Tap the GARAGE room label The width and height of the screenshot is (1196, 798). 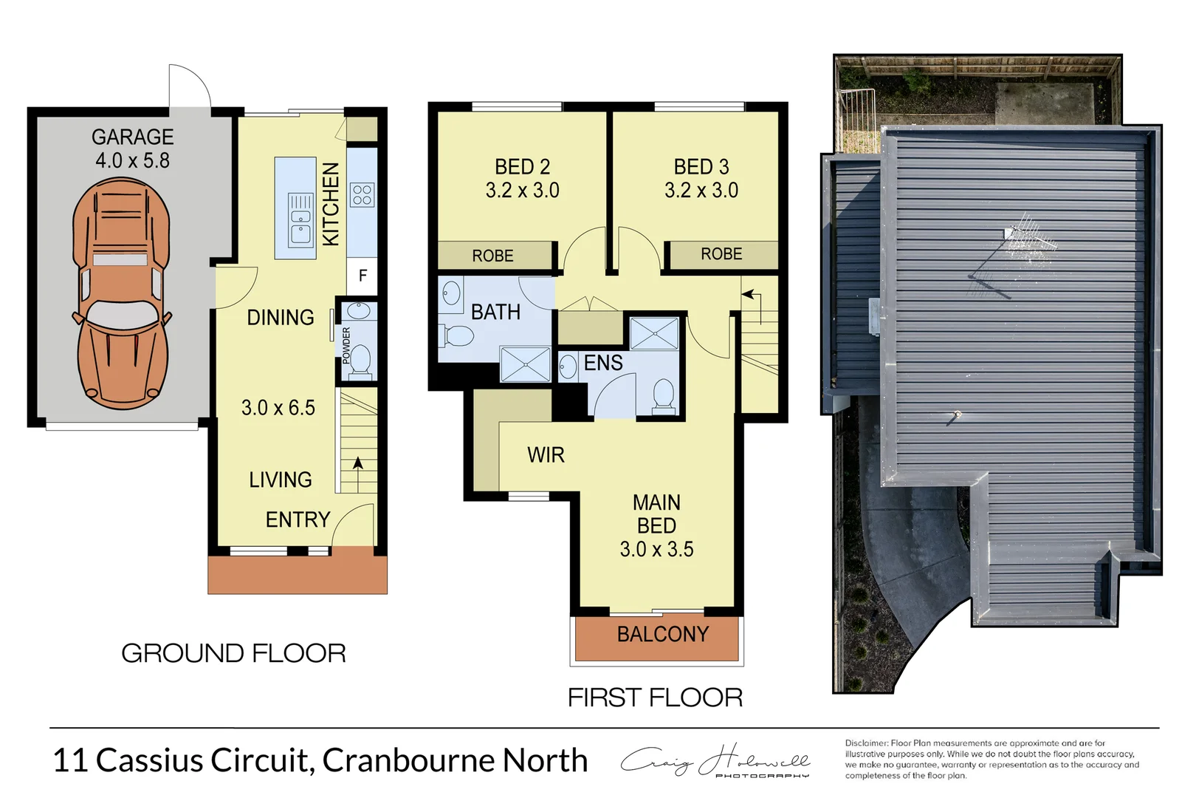(133, 137)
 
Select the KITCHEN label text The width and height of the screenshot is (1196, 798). (331, 204)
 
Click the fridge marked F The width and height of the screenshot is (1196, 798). (362, 276)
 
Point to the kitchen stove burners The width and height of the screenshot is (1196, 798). (362, 195)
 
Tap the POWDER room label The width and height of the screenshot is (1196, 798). (346, 345)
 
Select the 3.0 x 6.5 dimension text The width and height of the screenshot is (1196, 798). (278, 408)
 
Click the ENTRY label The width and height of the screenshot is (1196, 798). (298, 519)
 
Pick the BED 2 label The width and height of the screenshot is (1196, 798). (522, 167)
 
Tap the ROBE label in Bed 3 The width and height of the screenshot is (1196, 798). (721, 254)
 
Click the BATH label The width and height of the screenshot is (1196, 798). (495, 313)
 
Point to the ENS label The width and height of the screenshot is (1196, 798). (603, 363)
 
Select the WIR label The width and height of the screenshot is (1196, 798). (546, 455)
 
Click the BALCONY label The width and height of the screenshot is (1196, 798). (662, 634)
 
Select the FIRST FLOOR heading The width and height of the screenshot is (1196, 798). (655, 698)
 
